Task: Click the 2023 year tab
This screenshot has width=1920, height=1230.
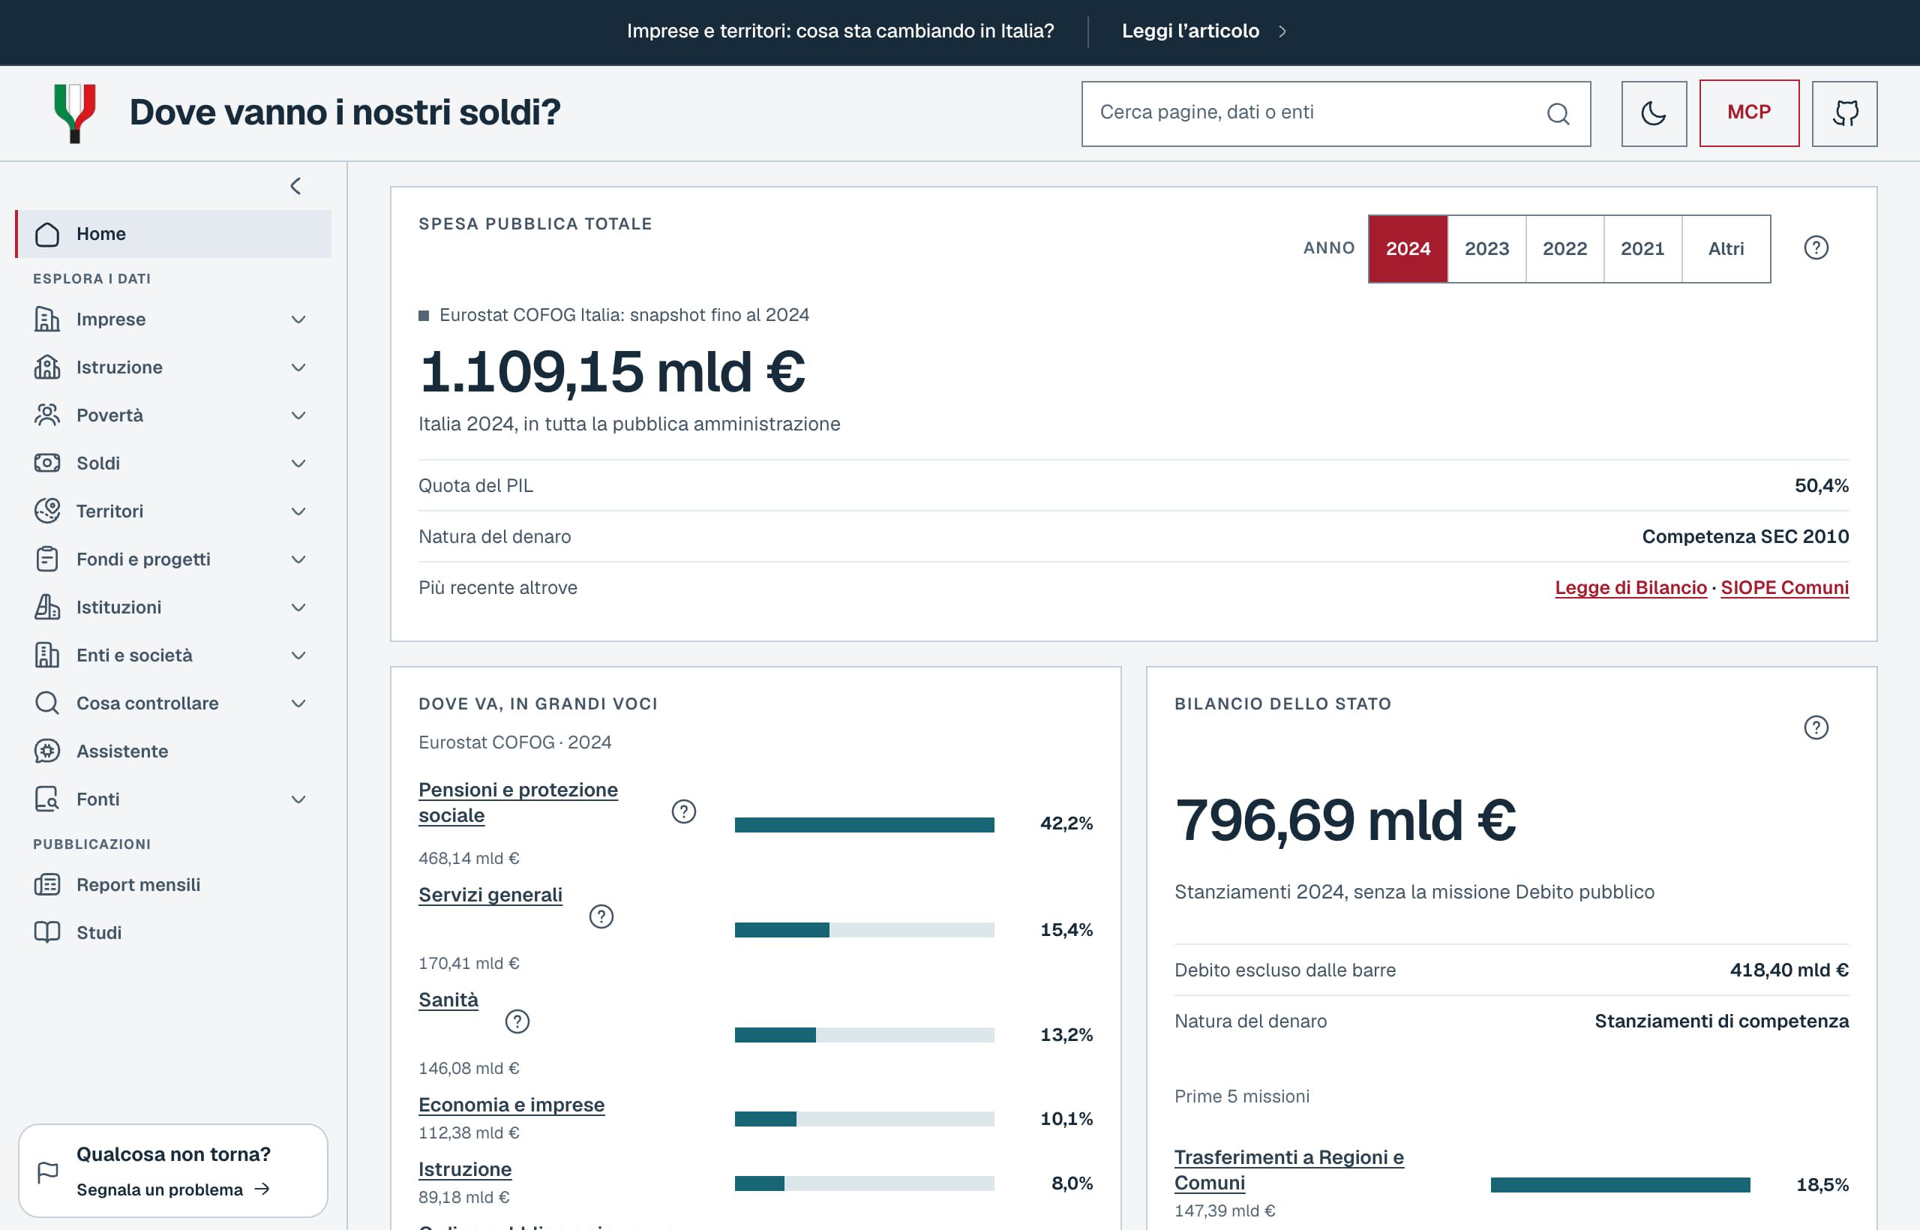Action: click(1486, 248)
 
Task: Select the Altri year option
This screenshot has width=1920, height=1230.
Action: click(1726, 248)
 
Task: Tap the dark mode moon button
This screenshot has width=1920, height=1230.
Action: click(1653, 113)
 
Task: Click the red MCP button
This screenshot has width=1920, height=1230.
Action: click(1749, 112)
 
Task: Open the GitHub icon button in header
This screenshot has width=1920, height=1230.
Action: click(1844, 113)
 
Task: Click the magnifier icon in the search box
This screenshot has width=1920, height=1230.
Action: click(1558, 113)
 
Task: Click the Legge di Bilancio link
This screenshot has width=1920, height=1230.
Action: click(1630, 588)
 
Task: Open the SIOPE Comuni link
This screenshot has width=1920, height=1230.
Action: click(1784, 588)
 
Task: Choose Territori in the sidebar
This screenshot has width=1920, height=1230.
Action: click(109, 511)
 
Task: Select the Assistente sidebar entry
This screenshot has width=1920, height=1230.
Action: click(122, 751)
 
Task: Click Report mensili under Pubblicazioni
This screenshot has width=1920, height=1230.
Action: click(138, 885)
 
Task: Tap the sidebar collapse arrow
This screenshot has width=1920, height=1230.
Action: click(295, 186)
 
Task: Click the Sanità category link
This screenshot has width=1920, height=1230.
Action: click(448, 1000)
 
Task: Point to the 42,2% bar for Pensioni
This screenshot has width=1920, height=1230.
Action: click(864, 824)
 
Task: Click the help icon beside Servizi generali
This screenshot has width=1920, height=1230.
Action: click(601, 916)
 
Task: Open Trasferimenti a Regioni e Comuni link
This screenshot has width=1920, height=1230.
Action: click(1288, 1170)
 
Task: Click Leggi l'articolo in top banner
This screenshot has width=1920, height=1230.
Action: click(1190, 31)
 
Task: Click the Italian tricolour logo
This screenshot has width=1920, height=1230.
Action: click(75, 113)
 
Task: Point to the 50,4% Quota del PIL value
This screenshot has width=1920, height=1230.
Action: click(1821, 485)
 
